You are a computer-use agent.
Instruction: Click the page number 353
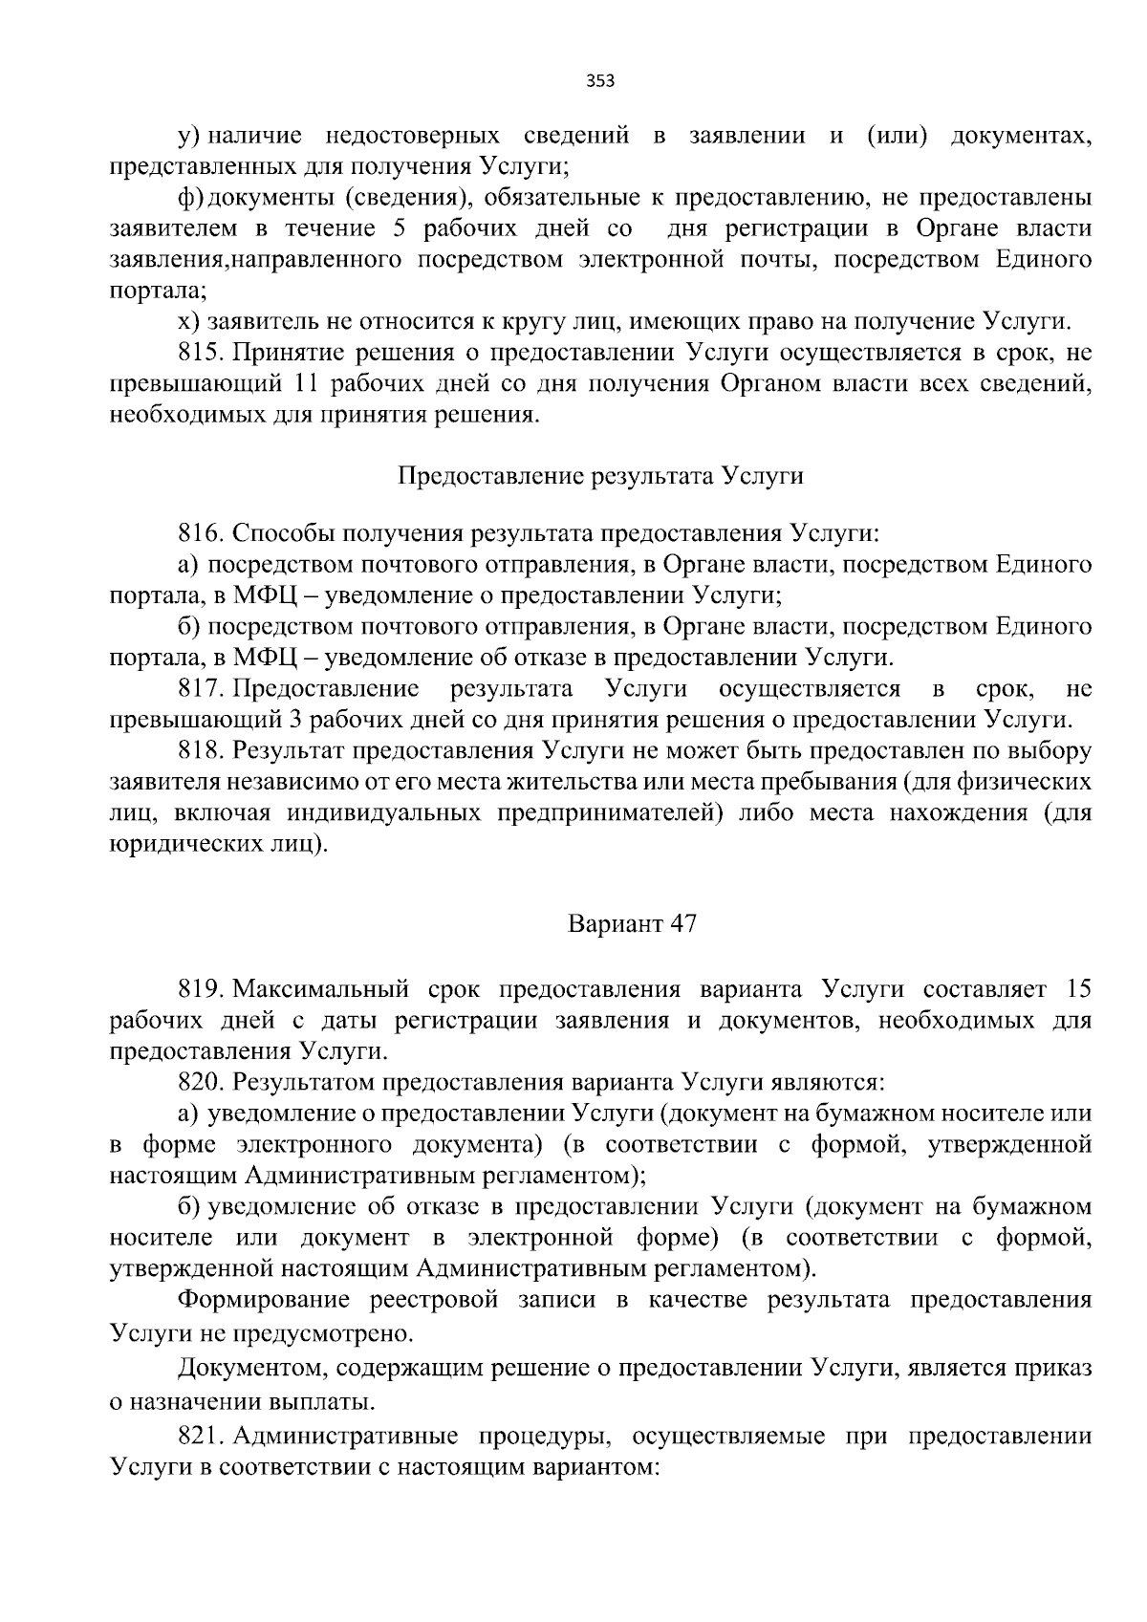pos(599,81)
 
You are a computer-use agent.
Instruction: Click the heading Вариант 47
pos(632,924)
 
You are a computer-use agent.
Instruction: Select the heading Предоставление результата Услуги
pos(599,476)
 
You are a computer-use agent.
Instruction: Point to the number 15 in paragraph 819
pos(1077,988)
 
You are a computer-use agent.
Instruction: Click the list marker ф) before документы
pos(190,198)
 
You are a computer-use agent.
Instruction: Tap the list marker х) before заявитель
pos(189,321)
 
